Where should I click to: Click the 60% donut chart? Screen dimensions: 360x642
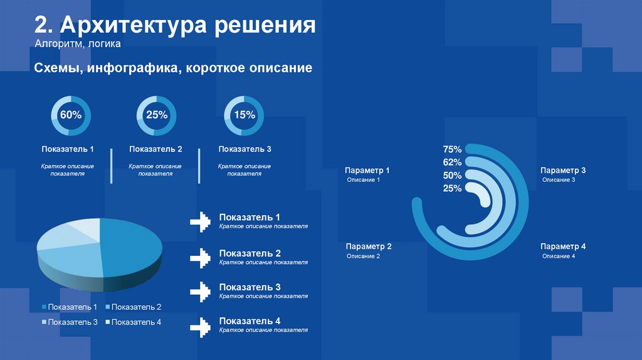tap(71, 115)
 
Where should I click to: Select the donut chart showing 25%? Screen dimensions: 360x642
tap(156, 115)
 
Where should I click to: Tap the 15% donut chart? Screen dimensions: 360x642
tap(244, 115)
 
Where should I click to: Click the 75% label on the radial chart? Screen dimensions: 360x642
tap(452, 149)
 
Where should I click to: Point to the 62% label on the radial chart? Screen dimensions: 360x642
tap(452, 162)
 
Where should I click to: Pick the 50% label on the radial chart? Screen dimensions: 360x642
tap(452, 176)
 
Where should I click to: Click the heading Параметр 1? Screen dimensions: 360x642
tap(367, 171)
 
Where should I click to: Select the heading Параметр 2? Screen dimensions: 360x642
tap(369, 247)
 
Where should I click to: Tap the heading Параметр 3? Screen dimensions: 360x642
tap(563, 171)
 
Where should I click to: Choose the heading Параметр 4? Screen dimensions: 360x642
tap(563, 247)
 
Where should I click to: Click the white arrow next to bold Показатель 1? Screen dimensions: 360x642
tap(199, 222)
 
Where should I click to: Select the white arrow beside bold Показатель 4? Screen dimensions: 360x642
tap(199, 326)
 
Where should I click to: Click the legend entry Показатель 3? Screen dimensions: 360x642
tap(70, 322)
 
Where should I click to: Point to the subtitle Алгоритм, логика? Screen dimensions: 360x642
tap(73, 45)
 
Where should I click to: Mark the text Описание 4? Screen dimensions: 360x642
tap(558, 257)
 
